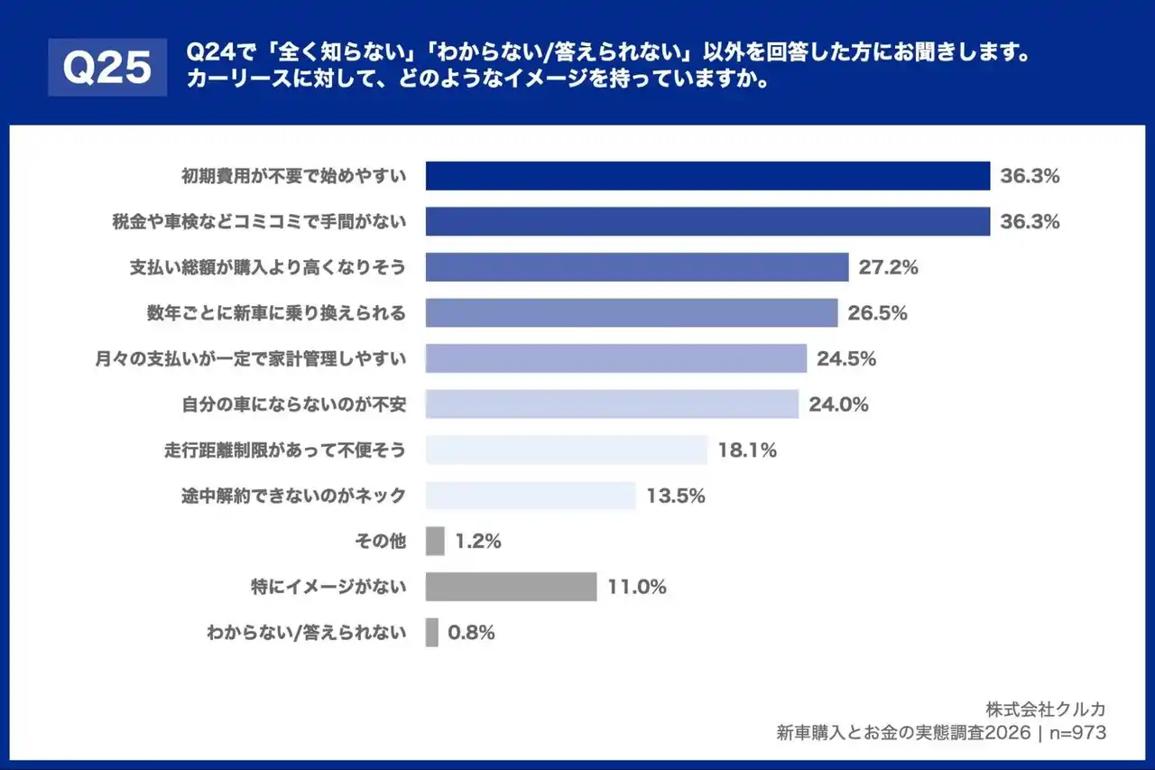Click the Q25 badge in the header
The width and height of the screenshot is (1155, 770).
click(107, 67)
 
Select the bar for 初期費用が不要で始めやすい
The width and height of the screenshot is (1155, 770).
click(707, 176)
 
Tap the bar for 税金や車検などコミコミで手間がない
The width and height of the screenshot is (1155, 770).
click(707, 222)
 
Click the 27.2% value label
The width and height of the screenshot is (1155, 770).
click(888, 267)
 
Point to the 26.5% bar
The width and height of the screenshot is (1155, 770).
click(632, 313)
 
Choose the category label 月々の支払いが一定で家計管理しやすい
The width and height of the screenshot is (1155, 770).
click(250, 359)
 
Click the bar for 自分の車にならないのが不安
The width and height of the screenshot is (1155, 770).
click(612, 404)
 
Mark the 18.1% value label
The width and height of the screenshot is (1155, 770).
click(747, 450)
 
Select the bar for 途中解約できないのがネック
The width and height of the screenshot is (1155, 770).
click(531, 496)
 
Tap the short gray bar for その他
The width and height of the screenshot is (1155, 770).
click(435, 542)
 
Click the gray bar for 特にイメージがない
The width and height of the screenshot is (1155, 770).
click(511, 587)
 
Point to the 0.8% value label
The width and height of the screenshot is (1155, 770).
click(471, 633)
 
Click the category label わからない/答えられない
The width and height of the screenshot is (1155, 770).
click(306, 633)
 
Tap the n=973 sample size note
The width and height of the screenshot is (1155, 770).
click(1078, 733)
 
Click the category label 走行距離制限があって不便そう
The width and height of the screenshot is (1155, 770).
click(281, 450)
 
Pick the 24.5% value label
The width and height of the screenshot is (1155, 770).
click(846, 359)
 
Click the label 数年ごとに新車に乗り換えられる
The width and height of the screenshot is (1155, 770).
click(276, 313)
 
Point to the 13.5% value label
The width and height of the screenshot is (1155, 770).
click(675, 496)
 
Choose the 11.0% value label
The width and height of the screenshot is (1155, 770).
click(636, 587)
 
